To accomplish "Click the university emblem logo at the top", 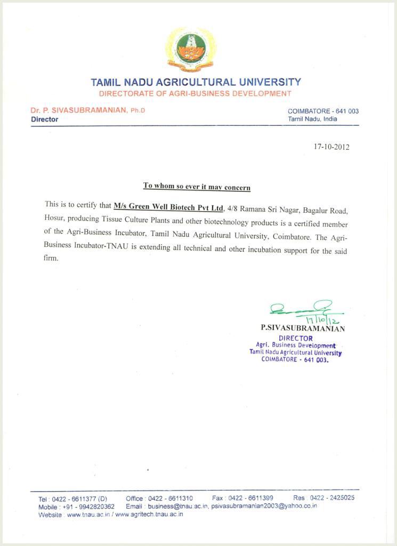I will (x=190, y=50).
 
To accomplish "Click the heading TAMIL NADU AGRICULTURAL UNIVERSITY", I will (x=196, y=83).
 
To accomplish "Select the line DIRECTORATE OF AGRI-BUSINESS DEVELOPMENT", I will (x=195, y=93).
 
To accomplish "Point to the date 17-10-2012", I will (x=331, y=147).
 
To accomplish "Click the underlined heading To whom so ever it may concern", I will (x=197, y=187).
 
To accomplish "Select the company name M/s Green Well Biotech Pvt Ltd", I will (x=168, y=206).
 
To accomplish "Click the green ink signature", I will (x=301, y=308).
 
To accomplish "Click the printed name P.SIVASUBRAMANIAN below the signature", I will (x=303, y=328).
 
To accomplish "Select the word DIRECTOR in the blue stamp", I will (x=296, y=338).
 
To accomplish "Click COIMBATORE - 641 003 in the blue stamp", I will (x=295, y=359).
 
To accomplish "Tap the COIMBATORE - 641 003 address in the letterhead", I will (x=323, y=111).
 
